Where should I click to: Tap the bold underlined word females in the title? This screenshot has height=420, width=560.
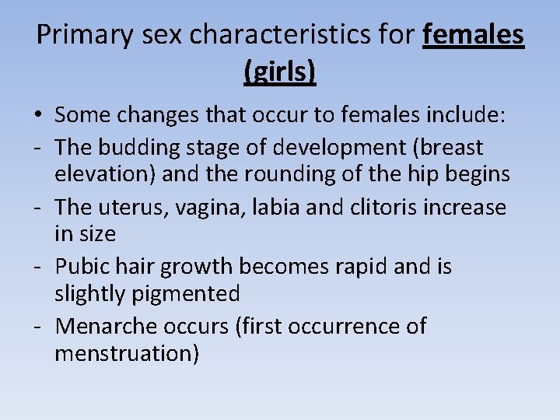click(x=474, y=35)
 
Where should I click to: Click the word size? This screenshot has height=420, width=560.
click(x=96, y=233)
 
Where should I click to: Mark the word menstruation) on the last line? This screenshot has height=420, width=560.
click(x=127, y=353)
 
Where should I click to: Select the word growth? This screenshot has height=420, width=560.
click(x=197, y=266)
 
